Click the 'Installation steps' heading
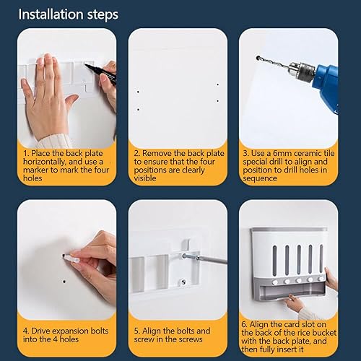69,14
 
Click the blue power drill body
326,84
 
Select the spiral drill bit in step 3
273,62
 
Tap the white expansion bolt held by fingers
71,258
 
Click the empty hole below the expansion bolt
64,282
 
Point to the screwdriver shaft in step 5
212,259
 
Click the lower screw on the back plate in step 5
183,282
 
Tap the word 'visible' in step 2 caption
145,178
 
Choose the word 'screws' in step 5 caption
191,339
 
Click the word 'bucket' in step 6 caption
322,333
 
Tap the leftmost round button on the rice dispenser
274,282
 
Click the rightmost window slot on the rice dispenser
321,259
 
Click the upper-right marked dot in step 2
217,84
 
